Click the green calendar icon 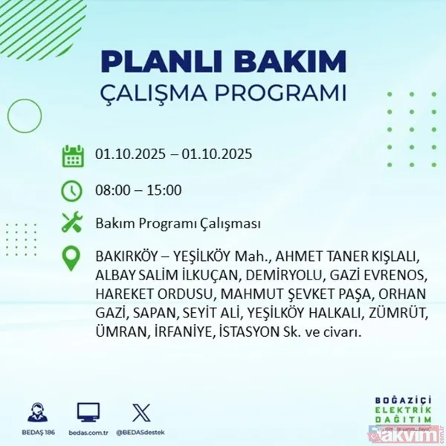[73, 156]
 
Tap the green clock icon [73, 190]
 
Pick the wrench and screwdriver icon [73, 223]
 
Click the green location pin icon [73, 258]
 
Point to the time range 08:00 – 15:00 [138, 190]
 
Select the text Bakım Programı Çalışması [178, 224]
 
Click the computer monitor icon [88, 411]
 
